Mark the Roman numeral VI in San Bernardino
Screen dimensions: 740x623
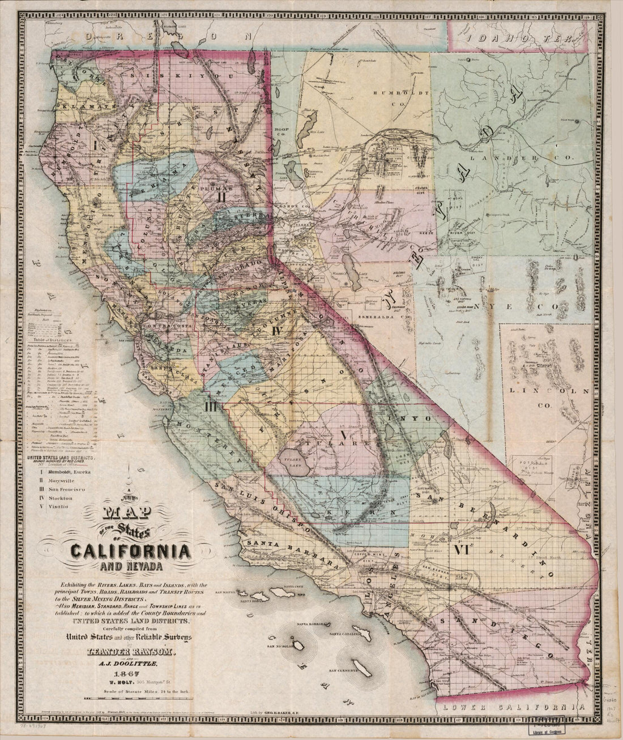(459, 549)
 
